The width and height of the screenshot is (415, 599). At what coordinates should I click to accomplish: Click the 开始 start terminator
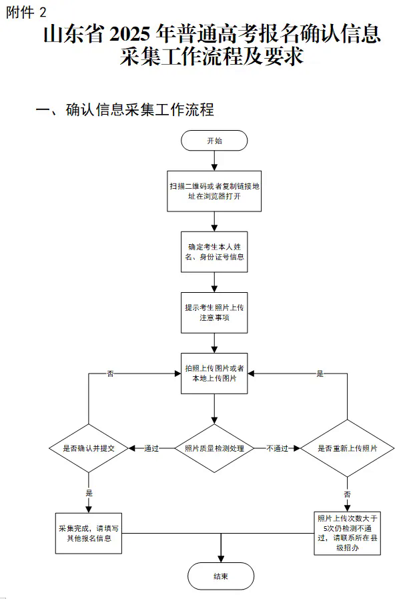pos(214,141)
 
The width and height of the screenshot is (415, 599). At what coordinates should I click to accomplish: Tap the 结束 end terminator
pos(220,576)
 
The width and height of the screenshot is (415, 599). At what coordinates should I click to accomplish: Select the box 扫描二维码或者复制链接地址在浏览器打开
pos(214,191)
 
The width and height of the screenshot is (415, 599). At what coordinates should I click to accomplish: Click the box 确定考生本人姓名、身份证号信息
pos(214,251)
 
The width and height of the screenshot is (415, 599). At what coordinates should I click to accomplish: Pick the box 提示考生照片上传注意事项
pos(214,312)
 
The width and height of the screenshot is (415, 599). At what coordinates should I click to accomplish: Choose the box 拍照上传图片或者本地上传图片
pos(214,374)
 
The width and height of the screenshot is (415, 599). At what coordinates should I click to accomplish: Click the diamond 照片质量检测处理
pos(214,448)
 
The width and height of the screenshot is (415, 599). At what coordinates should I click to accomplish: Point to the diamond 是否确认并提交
pos(89,448)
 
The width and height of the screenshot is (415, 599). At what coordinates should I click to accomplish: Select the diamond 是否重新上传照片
pos(348,448)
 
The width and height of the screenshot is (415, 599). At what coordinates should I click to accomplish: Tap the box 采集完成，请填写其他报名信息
pos(89,533)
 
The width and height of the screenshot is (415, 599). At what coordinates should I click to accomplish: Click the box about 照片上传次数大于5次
pos(348,533)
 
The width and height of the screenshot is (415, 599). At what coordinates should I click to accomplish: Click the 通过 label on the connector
pos(151,448)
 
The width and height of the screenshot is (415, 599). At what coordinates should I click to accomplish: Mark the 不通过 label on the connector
pos(277,448)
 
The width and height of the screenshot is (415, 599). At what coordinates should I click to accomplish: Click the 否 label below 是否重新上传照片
pos(348,494)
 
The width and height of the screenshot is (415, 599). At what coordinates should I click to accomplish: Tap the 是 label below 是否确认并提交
pos(89,493)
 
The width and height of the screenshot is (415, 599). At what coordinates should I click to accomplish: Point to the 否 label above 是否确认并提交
pos(111,374)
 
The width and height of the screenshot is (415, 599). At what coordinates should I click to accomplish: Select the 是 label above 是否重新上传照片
pos(320,374)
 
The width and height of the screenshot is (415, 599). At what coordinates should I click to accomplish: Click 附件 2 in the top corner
pos(26,12)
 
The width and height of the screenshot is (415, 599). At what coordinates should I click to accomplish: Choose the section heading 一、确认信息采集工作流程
pos(125,109)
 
